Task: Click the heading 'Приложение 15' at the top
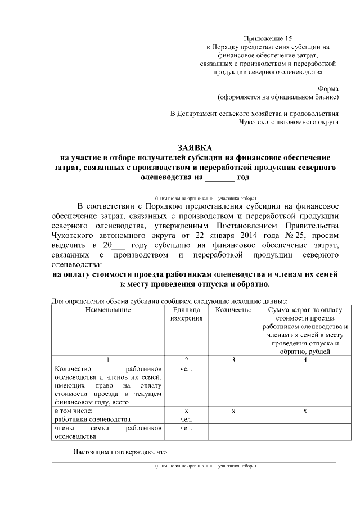(272, 37)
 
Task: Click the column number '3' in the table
(233, 359)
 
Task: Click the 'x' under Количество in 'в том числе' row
(233, 412)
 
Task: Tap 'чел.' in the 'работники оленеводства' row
(186, 420)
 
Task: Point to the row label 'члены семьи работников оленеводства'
(107, 432)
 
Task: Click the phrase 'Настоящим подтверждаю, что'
(120, 452)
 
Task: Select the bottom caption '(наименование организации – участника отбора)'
(206, 466)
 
